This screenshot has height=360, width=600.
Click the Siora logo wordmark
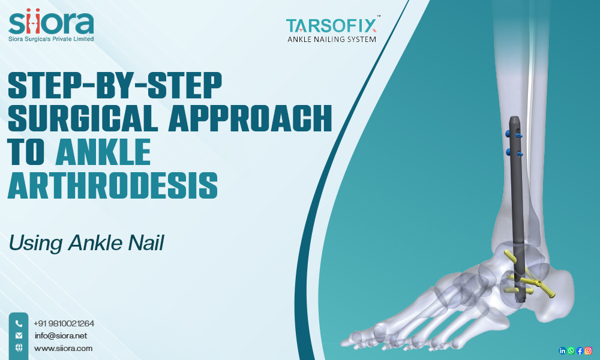pos(51,23)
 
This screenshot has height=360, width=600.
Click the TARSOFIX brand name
pos(331,25)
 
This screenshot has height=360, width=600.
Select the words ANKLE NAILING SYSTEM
pos(331,40)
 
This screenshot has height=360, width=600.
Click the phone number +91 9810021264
pos(64,323)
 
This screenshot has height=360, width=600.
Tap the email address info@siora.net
pos(61,335)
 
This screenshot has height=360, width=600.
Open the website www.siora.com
pos(63,348)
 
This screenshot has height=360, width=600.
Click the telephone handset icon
pos(19,323)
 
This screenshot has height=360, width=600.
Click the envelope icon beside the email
pos(19,335)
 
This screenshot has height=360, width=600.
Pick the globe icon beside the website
pos(19,348)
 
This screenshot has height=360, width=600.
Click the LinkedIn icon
pos(562,350)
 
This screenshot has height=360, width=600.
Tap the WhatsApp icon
pos(571,350)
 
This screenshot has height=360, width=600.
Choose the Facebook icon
pos(580,350)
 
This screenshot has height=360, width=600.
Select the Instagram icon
pos(589,350)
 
